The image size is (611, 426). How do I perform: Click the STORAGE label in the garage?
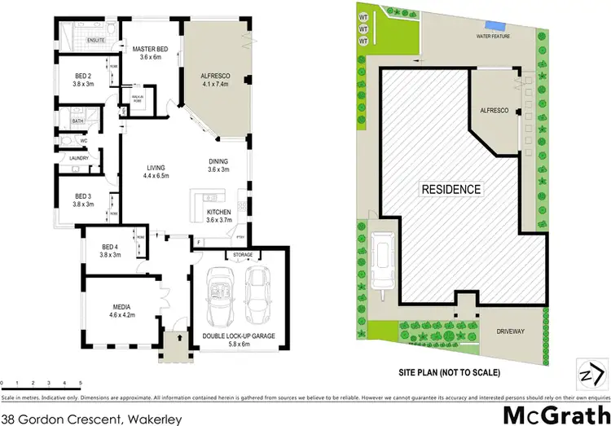click(244, 255)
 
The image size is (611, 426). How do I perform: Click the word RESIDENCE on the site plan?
click(451, 189)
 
